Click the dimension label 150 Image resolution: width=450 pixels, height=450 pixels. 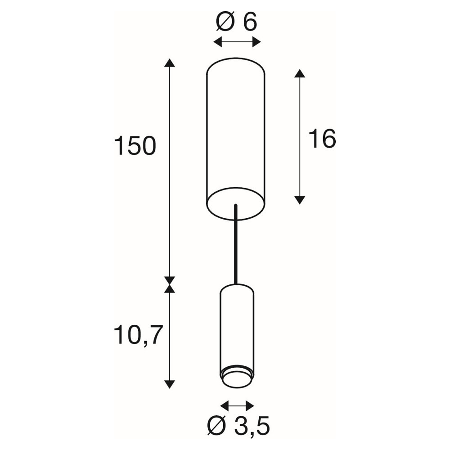tap(135, 146)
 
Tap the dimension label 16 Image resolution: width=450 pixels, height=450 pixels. tap(323, 139)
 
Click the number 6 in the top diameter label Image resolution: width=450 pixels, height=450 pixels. tap(250, 21)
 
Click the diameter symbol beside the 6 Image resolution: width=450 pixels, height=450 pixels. tap(225, 21)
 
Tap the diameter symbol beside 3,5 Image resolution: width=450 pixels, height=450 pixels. tap(217, 427)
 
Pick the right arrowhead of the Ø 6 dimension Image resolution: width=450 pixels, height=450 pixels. tap(256, 42)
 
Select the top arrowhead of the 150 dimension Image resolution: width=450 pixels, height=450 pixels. tap(170, 63)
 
